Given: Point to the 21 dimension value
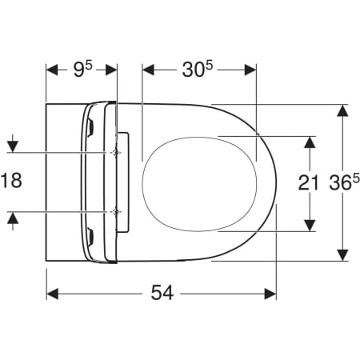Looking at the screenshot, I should (310, 182).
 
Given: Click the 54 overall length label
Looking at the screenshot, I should (162, 294).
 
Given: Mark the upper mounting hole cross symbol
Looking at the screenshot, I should (117, 152).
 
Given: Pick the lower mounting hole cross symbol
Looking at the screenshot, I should (117, 211).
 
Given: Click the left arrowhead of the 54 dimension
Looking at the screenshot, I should (52, 294).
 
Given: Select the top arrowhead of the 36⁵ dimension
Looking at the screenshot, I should (342, 110).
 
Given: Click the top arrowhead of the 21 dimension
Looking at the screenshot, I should (310, 141).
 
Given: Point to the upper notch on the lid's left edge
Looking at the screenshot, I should (93, 126).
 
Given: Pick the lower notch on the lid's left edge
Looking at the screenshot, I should (93, 237).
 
